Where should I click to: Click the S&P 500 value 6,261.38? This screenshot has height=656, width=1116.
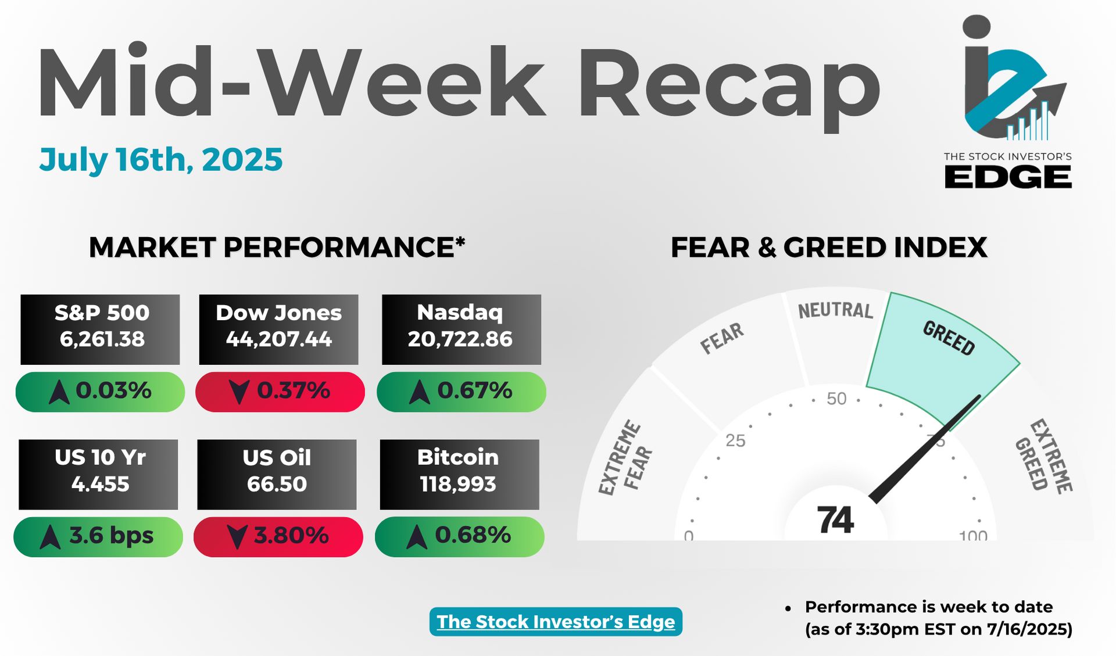102,339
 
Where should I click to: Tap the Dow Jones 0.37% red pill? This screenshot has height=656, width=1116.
280,392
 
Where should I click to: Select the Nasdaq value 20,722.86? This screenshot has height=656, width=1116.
460,339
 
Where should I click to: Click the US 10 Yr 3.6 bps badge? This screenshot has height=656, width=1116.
98,537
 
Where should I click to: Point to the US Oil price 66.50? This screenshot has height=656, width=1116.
277,484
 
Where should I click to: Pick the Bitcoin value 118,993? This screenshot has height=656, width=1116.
458,484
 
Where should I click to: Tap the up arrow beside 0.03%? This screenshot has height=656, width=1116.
59,392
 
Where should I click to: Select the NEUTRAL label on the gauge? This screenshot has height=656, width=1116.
835,310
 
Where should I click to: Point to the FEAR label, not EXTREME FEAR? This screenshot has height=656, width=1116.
722,338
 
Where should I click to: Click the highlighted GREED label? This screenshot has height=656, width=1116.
949,338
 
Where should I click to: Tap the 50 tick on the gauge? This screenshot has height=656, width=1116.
836,399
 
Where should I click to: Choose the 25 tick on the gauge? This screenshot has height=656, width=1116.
735,440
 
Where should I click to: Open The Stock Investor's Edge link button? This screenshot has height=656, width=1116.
556,622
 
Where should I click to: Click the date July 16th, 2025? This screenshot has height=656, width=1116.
161,160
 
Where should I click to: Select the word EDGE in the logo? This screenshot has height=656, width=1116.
1008,177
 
